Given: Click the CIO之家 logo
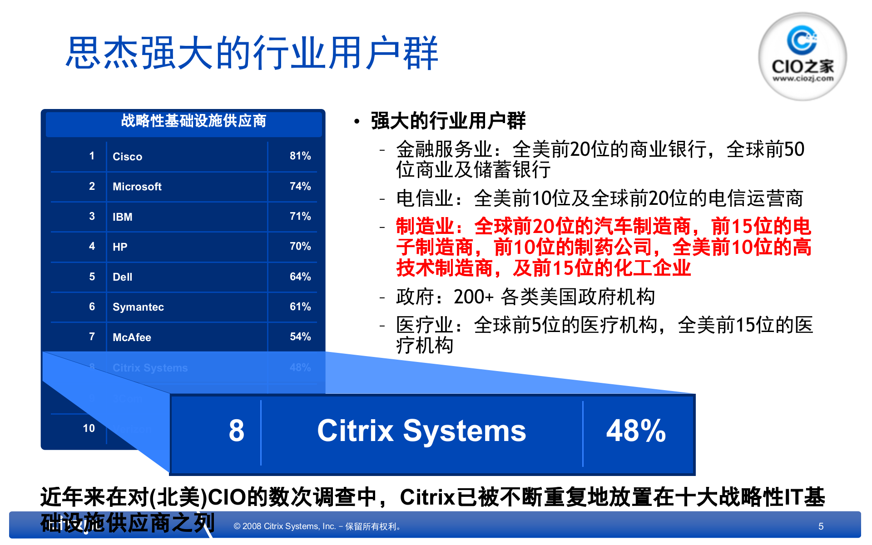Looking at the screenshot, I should pos(802,56).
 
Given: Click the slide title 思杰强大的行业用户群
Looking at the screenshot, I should pos(252,53).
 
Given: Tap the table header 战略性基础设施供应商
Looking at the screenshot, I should pos(193,121).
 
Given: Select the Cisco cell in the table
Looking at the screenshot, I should pos(127,157).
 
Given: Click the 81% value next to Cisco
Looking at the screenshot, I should pos(300,156).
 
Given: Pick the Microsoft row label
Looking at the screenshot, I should pos(137,187).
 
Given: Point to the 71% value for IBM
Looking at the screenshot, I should pos(300,216).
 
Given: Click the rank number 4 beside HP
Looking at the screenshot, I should pos(92,246).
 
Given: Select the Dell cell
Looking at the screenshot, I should pos(122,277).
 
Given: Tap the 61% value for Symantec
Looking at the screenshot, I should pos(300,307).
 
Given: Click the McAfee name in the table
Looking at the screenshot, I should pos(132,337).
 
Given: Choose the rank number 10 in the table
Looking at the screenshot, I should pos(89,428).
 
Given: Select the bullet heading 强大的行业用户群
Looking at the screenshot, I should pos(448,121).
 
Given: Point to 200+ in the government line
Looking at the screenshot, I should pos(473,297).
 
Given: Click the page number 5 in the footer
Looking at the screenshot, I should pos(821,526).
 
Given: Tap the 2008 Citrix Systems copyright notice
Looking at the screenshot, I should pos(317,526).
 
